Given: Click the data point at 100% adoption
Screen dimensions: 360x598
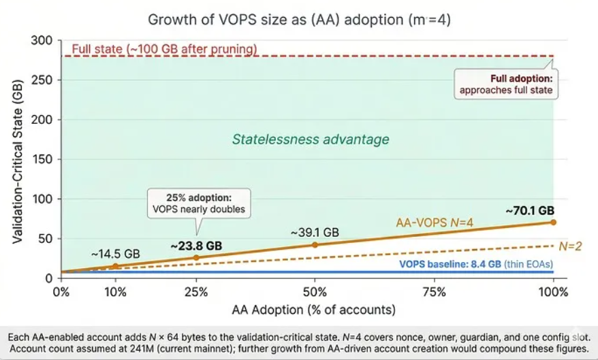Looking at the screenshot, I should [553, 222].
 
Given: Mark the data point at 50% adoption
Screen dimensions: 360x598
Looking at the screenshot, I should [315, 244].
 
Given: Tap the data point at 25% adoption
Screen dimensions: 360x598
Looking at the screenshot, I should [196, 258].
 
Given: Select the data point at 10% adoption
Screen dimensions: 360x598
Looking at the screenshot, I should [115, 266].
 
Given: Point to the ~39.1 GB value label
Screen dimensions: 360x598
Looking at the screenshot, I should [315, 232].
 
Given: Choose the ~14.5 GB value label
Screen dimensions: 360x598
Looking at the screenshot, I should [115, 254].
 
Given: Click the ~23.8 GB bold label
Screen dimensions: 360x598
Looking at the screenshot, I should [195, 245].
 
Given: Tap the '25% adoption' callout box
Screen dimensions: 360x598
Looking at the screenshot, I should [198, 203].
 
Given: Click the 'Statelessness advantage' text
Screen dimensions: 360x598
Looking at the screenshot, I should [311, 140].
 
